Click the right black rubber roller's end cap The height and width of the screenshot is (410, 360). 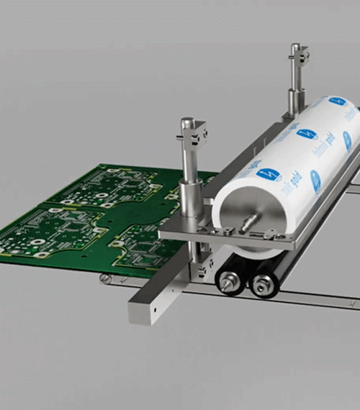(x=259, y=284)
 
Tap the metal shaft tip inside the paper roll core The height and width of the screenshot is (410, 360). (x=251, y=222)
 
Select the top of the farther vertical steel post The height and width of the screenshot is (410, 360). (x=296, y=49)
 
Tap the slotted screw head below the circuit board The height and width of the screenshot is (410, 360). (x=106, y=278)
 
